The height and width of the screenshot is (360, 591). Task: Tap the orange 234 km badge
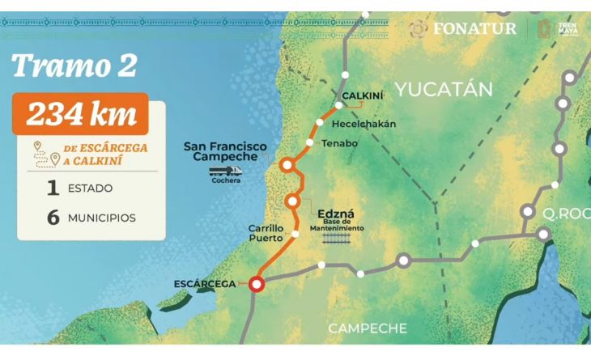(81, 114)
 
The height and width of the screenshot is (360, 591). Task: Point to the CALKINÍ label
(362, 96)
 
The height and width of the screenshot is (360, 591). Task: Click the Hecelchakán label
(365, 124)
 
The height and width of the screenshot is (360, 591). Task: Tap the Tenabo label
(340, 143)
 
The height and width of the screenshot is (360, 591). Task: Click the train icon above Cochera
(225, 171)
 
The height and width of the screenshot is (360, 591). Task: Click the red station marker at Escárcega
(257, 284)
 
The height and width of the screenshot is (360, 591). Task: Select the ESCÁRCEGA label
(205, 284)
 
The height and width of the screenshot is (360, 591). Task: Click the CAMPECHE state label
(367, 328)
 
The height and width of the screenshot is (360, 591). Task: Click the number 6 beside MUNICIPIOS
(53, 218)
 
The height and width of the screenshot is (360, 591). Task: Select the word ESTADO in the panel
(91, 188)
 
